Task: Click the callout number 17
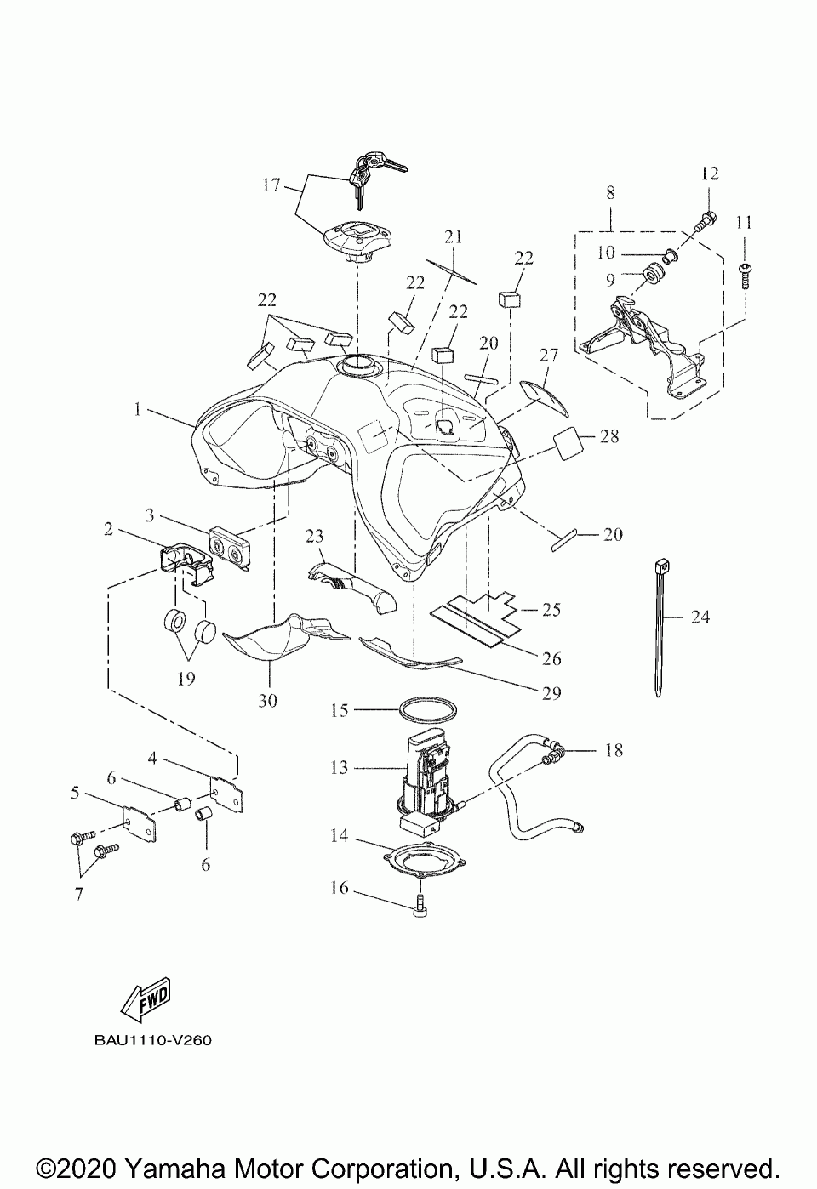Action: pos(271,184)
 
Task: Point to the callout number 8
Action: pos(609,194)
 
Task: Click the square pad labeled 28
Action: pos(568,443)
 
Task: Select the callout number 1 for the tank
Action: pos(137,409)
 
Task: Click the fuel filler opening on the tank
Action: pos(357,366)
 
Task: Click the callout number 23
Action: pos(315,536)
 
